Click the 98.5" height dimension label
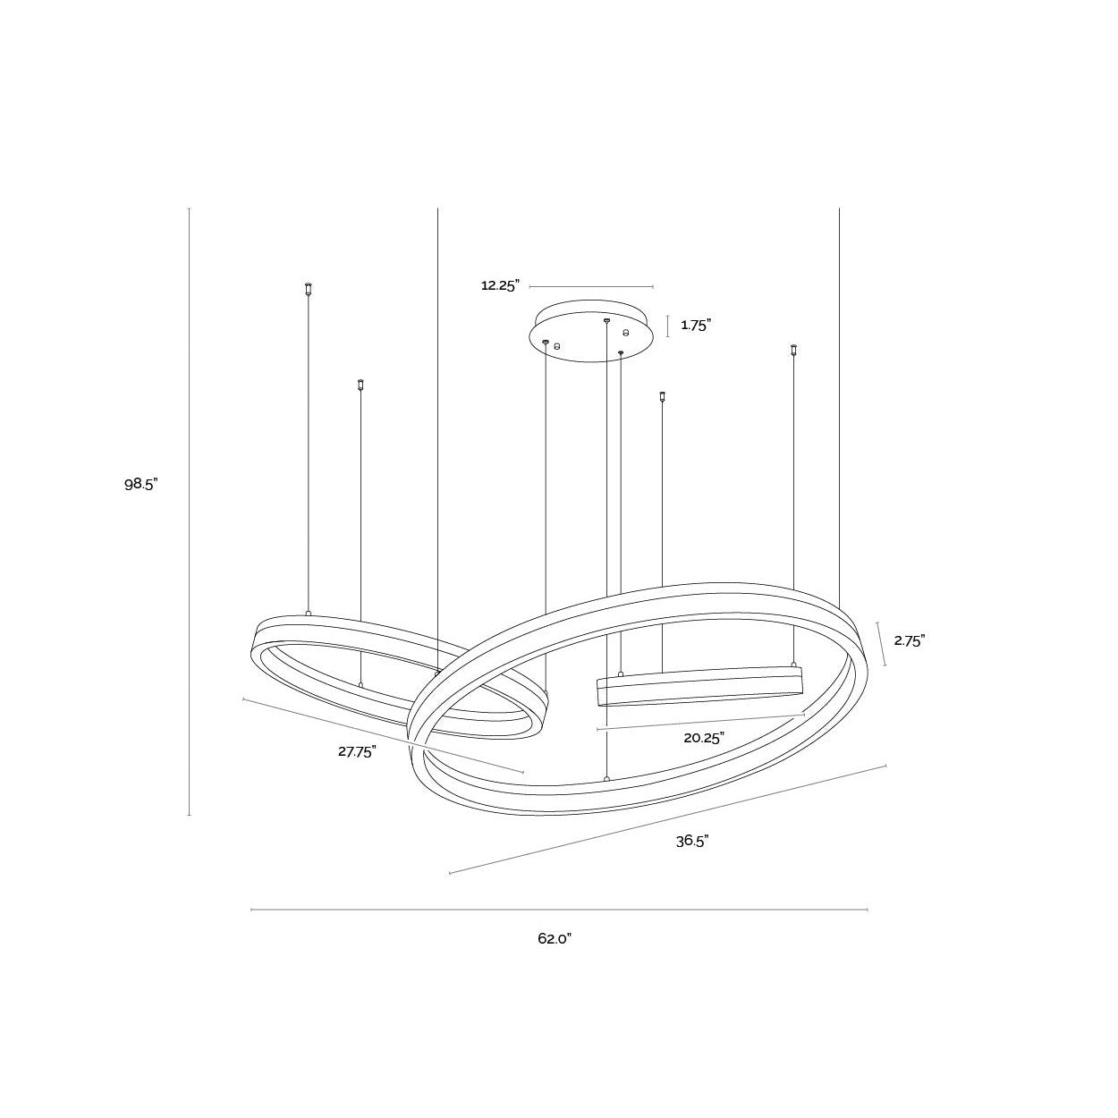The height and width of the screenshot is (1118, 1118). [141, 485]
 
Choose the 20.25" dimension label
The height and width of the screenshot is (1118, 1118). [704, 738]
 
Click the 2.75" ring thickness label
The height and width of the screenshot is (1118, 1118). [909, 640]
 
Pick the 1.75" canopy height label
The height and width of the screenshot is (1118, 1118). [696, 326]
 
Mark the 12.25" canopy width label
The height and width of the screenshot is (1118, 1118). [500, 285]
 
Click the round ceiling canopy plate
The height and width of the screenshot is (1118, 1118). [591, 331]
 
